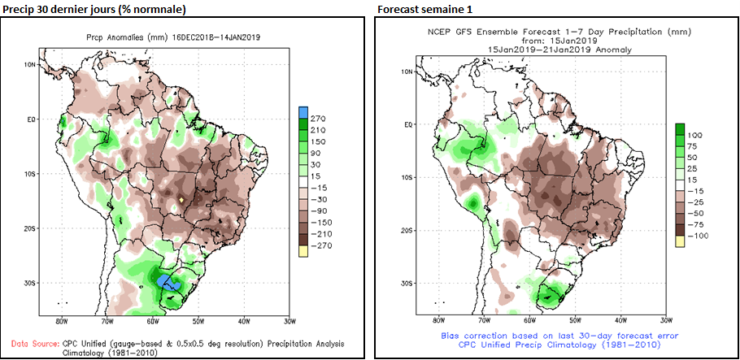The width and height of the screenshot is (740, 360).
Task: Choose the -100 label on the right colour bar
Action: [697, 235]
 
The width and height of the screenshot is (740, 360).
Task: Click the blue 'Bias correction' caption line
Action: [559, 336]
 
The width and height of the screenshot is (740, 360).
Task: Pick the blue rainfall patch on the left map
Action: [168, 281]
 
